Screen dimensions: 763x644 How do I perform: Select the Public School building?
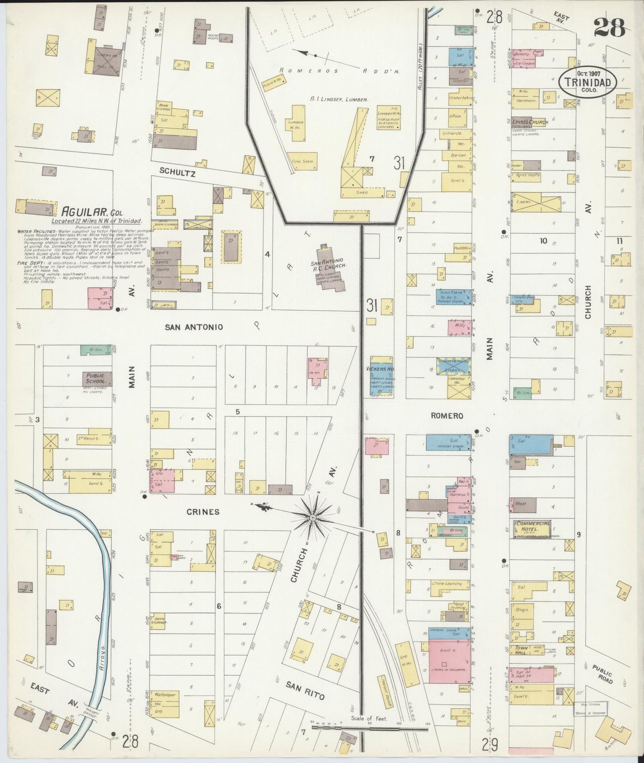coord(96,378)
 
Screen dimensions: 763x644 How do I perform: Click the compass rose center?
coord(313,517)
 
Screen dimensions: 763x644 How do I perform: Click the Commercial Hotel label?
coord(532,526)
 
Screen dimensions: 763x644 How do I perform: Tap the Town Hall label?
coord(521,650)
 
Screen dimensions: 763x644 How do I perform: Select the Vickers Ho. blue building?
coord(382,377)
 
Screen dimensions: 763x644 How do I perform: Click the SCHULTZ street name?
coord(177,171)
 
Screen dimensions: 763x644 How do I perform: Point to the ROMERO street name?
coord(447,416)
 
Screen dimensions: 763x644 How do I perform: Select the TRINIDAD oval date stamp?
coord(588,82)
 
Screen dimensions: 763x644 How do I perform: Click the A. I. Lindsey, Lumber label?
coord(339,100)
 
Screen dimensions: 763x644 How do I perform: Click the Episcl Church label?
coord(529,122)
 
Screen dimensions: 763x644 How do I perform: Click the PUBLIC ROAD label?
coord(603,674)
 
